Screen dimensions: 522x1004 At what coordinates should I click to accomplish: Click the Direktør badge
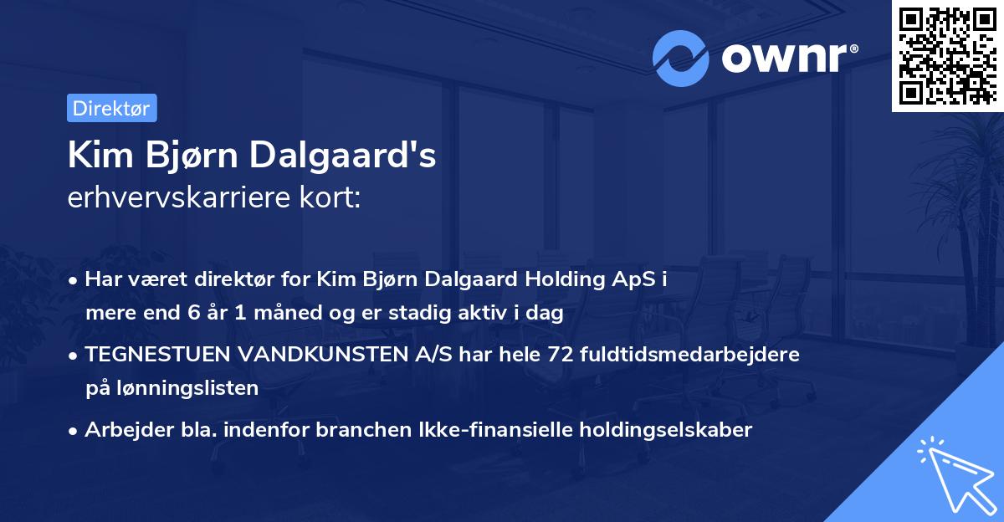click(111, 108)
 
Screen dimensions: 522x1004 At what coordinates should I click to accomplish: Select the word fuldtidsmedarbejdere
click(692, 354)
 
